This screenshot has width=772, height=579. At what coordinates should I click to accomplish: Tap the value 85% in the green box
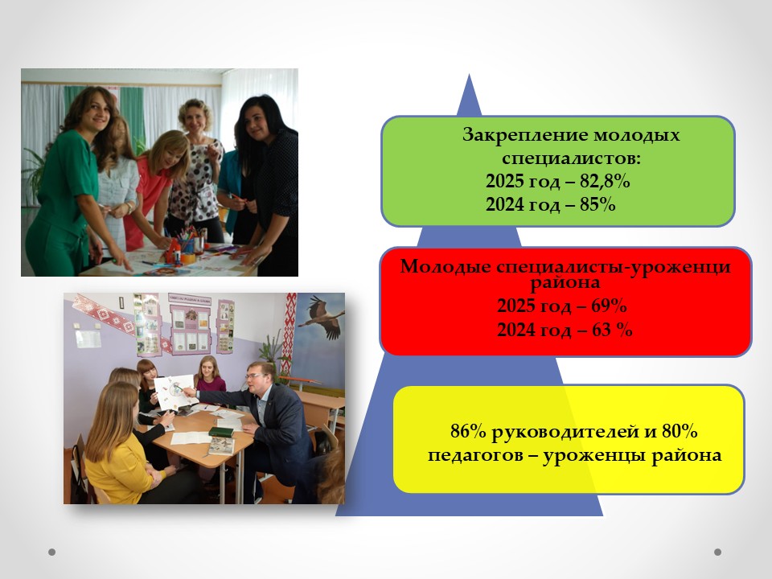click(x=597, y=204)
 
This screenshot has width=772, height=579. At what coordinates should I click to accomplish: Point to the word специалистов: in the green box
click(x=572, y=158)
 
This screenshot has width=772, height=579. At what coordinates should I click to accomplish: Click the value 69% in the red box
click(x=609, y=306)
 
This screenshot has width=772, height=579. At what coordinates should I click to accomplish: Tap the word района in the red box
click(x=565, y=282)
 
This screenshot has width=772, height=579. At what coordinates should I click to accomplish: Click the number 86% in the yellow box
click(x=468, y=431)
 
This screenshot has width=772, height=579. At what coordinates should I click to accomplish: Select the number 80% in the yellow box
click(x=680, y=431)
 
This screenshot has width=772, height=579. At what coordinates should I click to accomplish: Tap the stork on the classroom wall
click(x=321, y=317)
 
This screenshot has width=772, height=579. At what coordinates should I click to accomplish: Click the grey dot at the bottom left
click(x=51, y=552)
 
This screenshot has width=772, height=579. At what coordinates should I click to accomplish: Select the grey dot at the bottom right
click(x=717, y=552)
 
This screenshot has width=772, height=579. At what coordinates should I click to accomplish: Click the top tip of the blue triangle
click(x=469, y=74)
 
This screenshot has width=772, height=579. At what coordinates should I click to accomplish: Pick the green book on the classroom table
click(x=221, y=432)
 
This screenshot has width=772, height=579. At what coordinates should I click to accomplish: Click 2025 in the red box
click(x=516, y=306)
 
